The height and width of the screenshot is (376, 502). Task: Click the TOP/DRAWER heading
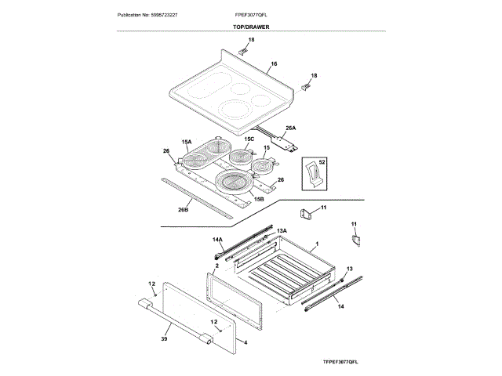(x=251, y=27)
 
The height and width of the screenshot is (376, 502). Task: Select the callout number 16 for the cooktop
(x=274, y=64)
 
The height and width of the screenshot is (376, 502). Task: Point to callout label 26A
(x=290, y=128)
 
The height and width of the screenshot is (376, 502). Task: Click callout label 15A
(x=187, y=141)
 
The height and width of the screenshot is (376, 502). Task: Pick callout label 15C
(x=249, y=139)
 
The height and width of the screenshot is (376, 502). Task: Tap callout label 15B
(x=257, y=200)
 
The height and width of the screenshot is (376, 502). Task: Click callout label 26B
(x=183, y=209)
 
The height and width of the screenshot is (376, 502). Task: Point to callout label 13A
(x=282, y=230)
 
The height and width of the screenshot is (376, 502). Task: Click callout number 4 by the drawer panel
(x=246, y=342)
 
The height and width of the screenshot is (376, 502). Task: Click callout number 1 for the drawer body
(x=316, y=244)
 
